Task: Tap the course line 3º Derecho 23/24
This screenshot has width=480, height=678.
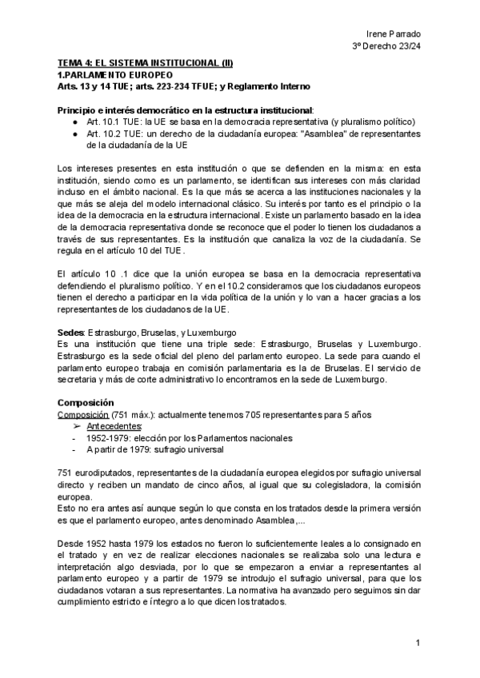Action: tap(387, 46)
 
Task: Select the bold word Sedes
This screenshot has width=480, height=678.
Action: tap(72, 331)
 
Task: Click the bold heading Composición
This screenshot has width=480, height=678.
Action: tap(86, 402)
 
